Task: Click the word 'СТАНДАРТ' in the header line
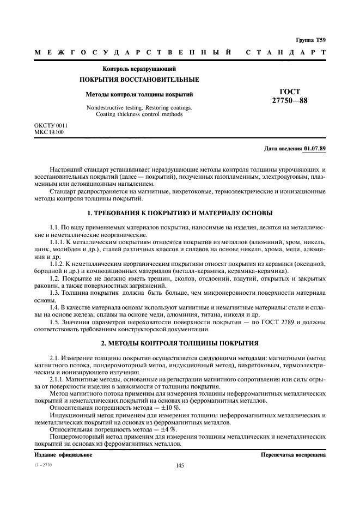(x=286, y=53)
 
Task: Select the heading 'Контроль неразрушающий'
(x=139, y=69)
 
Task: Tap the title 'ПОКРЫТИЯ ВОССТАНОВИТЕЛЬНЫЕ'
(x=139, y=80)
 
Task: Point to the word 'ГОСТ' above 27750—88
(x=289, y=92)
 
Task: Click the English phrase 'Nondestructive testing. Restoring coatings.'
(x=139, y=107)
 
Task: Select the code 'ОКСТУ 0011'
(x=51, y=126)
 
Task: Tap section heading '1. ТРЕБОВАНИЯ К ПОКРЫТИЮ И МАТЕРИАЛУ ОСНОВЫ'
(x=180, y=212)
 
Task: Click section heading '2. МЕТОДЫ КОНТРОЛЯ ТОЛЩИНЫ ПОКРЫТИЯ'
(x=180, y=343)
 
